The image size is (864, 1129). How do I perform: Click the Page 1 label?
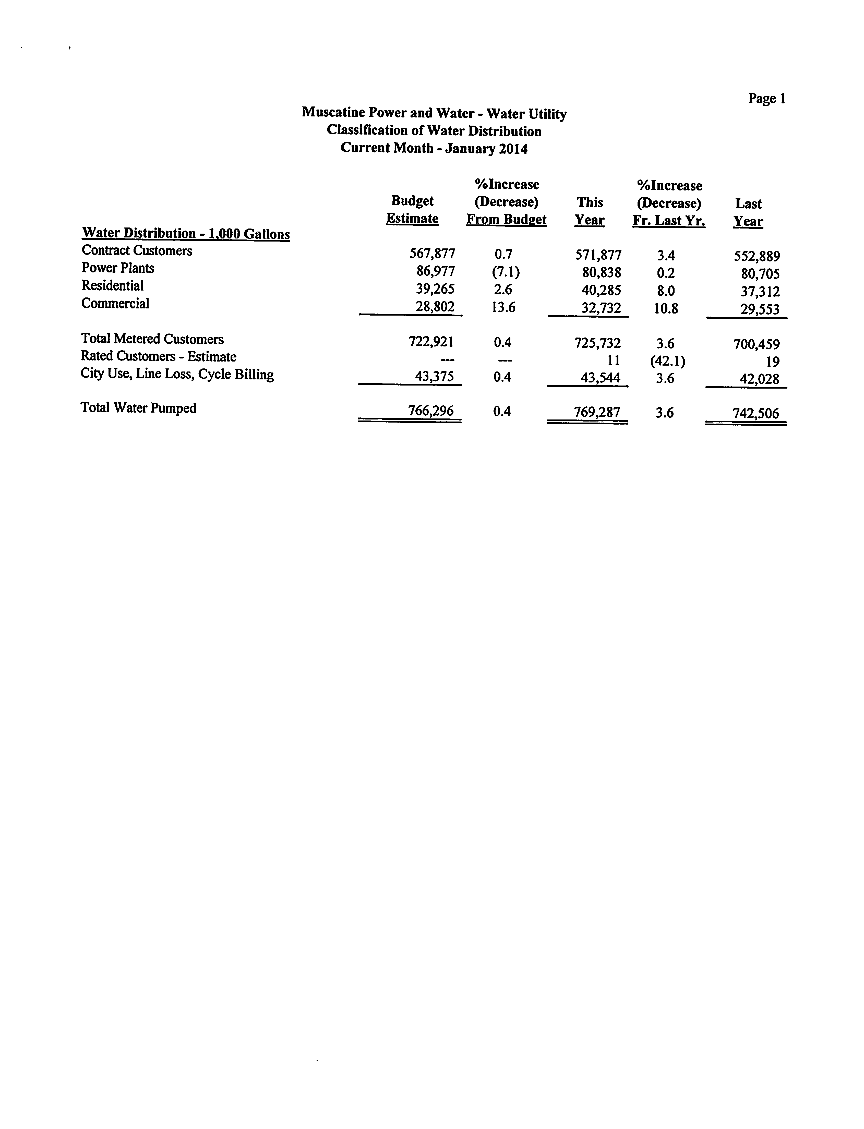(x=766, y=98)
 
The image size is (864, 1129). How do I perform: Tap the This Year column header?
(x=589, y=211)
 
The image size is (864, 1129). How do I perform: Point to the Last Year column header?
(x=748, y=212)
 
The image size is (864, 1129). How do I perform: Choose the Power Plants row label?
(x=118, y=268)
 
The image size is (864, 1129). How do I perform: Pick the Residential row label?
(x=113, y=285)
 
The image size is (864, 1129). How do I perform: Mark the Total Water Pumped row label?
(x=138, y=408)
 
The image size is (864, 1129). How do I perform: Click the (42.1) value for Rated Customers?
(x=667, y=361)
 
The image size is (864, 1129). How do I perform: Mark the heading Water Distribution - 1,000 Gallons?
(x=186, y=234)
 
